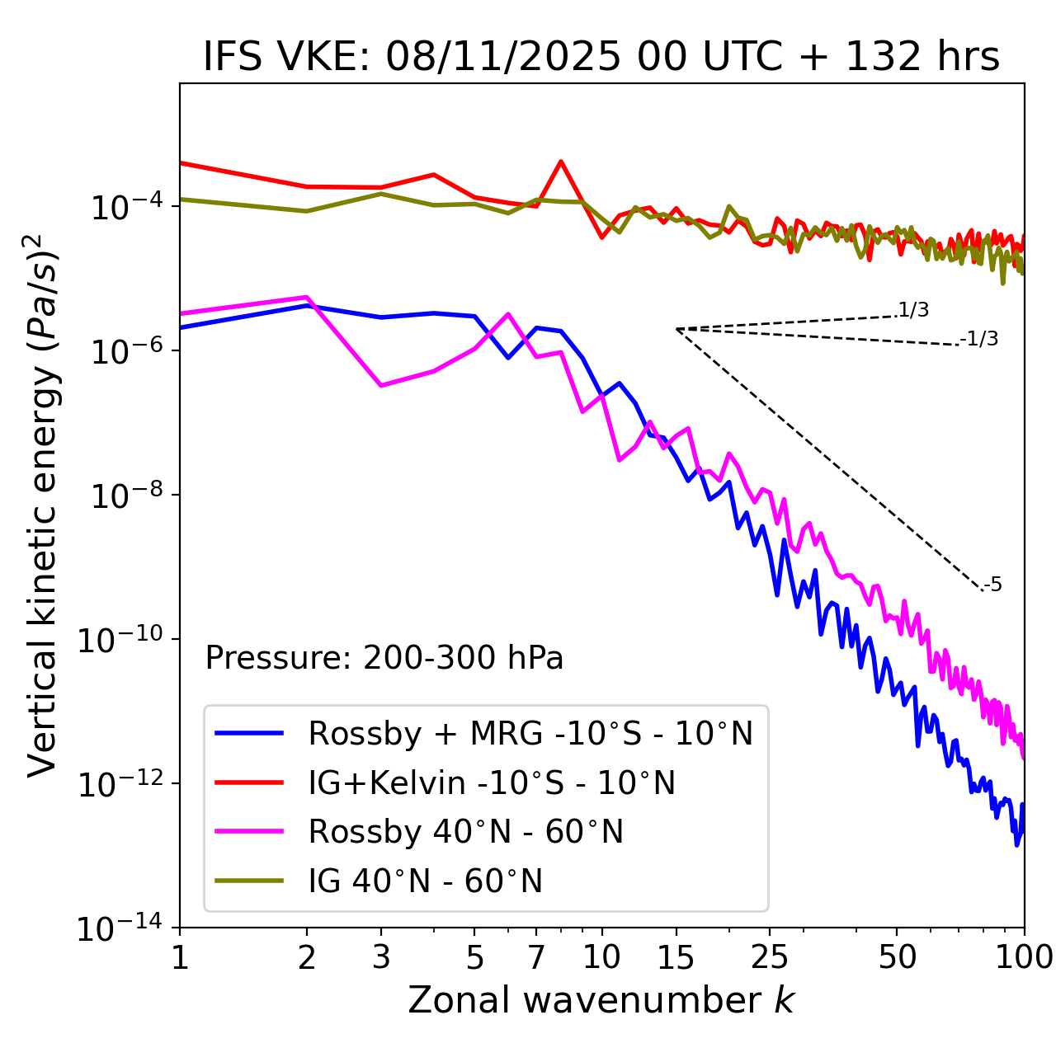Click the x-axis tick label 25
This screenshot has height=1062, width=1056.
tap(770, 957)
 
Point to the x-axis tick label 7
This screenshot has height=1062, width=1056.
tap(536, 957)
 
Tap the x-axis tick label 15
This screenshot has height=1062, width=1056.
tap(676, 957)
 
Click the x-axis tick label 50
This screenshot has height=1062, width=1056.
tap(897, 957)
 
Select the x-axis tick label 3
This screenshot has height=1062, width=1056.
tap(381, 957)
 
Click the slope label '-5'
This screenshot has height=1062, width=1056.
tap(992, 585)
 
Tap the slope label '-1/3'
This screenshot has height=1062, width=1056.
tap(979, 339)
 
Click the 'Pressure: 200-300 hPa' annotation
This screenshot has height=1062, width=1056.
tap(384, 658)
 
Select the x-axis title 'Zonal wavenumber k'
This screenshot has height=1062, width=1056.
tap(601, 1000)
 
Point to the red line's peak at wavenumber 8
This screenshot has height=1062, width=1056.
tap(561, 162)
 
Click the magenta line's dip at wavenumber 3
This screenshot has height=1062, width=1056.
tap(381, 385)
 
